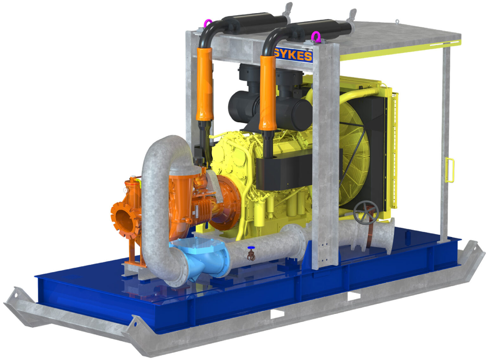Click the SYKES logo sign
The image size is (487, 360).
tap(293, 55)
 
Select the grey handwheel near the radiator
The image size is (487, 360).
tap(366, 212)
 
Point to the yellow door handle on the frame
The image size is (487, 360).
tap(450, 170)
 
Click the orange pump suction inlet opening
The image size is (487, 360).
tap(124, 221)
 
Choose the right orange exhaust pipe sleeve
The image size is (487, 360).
tap(267, 93)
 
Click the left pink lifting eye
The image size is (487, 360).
tap(208, 23)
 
